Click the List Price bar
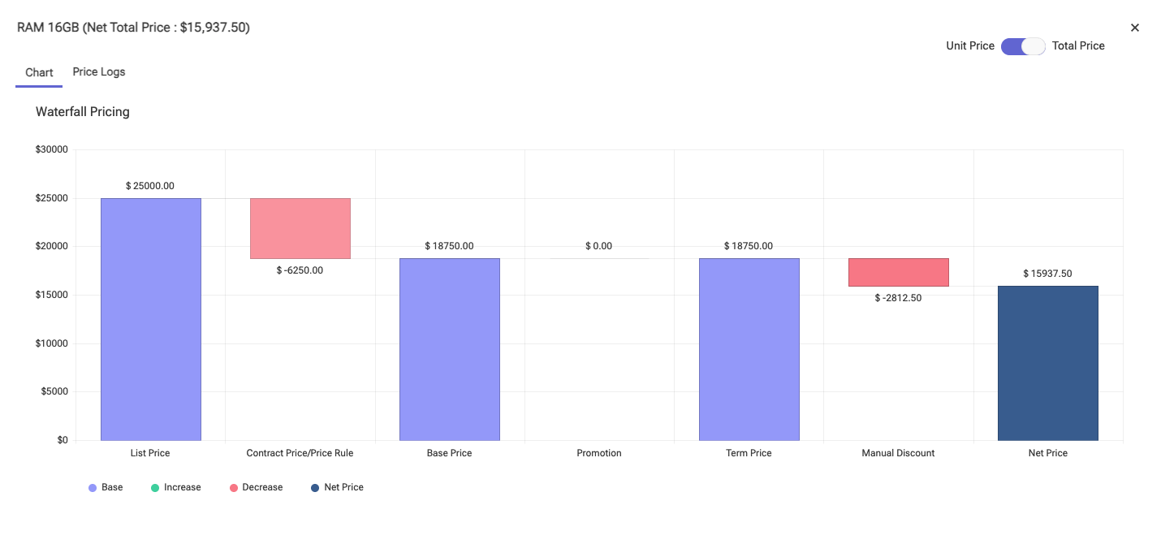click(x=151, y=319)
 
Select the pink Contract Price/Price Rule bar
click(x=300, y=228)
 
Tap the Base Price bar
click(x=450, y=349)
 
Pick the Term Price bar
click(x=749, y=349)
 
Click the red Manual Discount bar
click(x=898, y=272)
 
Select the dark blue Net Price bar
click(x=1047, y=363)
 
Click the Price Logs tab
click(x=99, y=71)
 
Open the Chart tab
click(x=39, y=72)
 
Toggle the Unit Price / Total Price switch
click(x=1023, y=46)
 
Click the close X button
click(x=1135, y=28)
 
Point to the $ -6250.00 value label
click(x=300, y=270)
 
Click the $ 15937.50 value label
click(x=1047, y=274)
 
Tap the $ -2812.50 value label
click(x=898, y=298)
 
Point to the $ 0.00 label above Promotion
click(x=599, y=246)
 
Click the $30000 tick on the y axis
click(x=51, y=149)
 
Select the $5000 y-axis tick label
click(x=54, y=391)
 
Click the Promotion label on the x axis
click(x=599, y=453)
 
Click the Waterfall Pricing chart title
click(x=83, y=112)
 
